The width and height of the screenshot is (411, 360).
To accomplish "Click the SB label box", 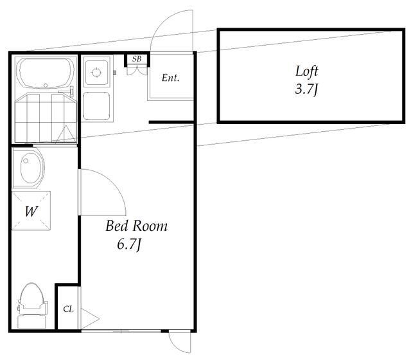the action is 137,60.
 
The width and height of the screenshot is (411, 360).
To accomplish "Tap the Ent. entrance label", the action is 170,78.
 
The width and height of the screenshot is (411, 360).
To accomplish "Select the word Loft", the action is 307,71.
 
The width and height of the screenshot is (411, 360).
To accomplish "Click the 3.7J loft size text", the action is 306,89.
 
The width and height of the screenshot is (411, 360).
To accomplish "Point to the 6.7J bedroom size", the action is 129,245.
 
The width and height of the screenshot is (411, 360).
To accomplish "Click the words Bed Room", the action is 136,226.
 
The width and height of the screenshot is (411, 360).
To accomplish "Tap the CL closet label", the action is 68,309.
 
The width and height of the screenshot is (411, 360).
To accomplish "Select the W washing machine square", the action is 31,211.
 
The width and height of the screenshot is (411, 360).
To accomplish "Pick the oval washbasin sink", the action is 31,167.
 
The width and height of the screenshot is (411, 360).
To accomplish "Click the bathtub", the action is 46,74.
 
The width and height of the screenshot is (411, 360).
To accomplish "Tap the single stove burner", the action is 96,72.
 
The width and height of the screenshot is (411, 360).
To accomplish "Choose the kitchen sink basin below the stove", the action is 96,106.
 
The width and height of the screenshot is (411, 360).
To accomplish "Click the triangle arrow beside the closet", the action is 90,319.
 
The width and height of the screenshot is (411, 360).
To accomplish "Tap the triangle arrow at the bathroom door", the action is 66,134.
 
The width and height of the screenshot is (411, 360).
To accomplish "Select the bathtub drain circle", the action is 46,85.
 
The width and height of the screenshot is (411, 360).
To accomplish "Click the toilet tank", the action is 31,322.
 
